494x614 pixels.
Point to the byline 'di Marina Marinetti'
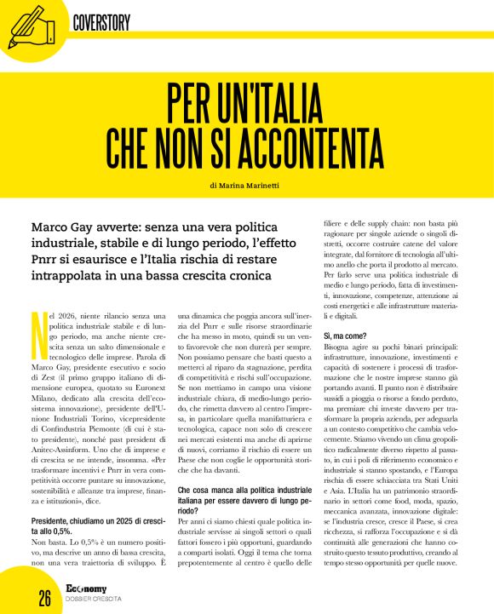click(x=246, y=185)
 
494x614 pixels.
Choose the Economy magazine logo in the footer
click(x=91, y=587)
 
